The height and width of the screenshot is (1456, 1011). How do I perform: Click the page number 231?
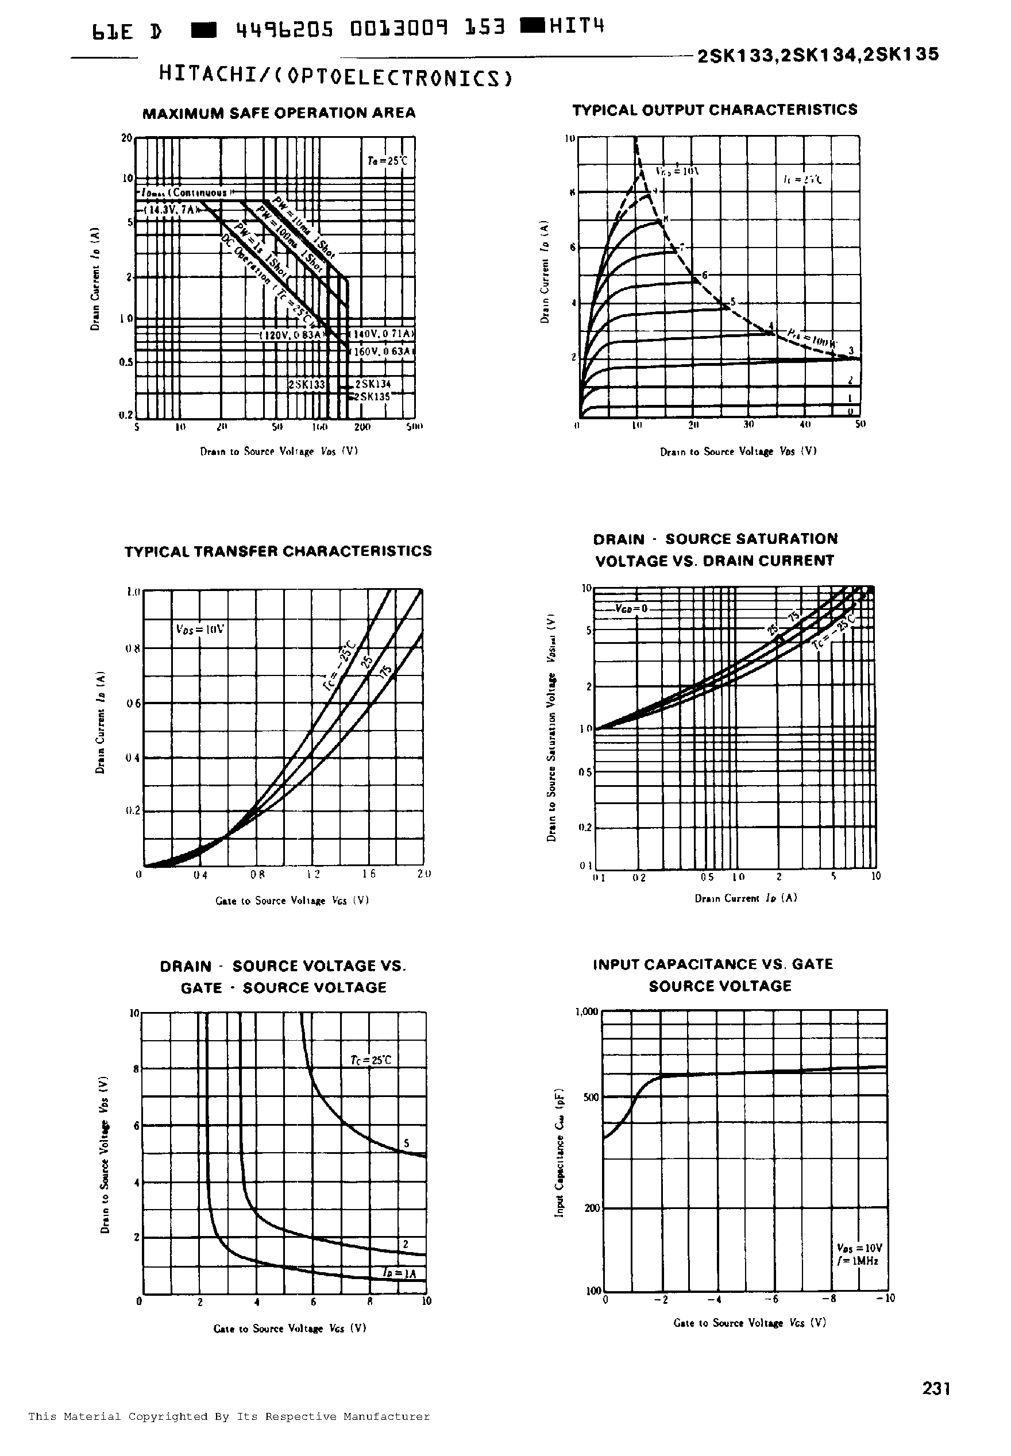[936, 1388]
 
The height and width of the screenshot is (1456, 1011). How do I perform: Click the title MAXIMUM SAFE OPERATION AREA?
[279, 113]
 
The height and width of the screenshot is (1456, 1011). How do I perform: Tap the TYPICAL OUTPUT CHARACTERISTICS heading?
[714, 110]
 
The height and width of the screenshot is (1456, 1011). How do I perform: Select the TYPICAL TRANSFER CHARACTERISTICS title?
[278, 551]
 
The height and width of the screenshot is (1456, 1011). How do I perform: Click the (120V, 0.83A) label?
[292, 334]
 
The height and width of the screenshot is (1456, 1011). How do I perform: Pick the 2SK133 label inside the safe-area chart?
[307, 384]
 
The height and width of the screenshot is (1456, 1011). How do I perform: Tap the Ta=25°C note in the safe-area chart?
[387, 161]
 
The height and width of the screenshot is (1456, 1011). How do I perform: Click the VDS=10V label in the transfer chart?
[199, 629]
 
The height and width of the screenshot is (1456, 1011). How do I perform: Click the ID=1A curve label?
[400, 1273]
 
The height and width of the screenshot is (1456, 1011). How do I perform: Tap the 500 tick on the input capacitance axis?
[590, 1098]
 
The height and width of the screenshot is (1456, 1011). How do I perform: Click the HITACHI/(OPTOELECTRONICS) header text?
[335, 76]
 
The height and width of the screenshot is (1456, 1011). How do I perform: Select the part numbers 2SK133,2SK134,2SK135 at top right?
[817, 55]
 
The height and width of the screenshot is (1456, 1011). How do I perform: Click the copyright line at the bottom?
[229, 1417]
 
